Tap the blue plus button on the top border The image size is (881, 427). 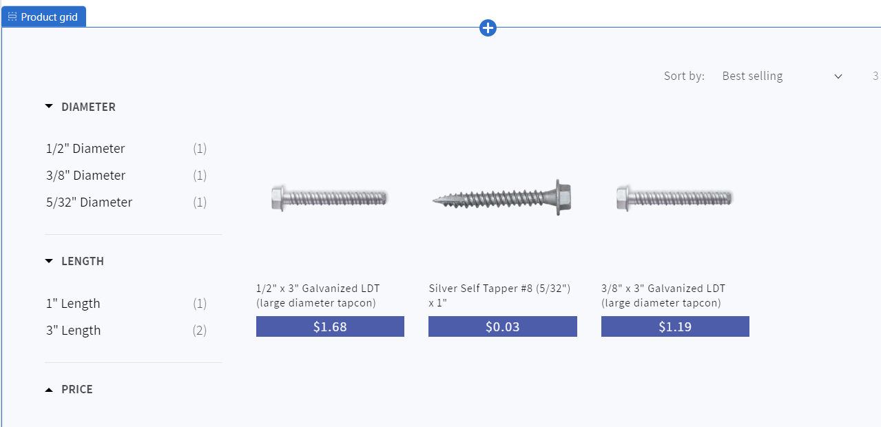[x=488, y=28]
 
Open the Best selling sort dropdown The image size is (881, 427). [x=782, y=76]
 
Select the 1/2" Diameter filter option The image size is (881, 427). [x=85, y=149]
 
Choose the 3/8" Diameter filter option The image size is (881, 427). [x=85, y=176]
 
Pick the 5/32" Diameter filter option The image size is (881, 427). [x=90, y=202]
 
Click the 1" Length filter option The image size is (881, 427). [x=73, y=304]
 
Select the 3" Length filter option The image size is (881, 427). [x=74, y=331]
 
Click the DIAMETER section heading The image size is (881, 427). [x=88, y=107]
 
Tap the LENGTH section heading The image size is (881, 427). [x=83, y=261]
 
